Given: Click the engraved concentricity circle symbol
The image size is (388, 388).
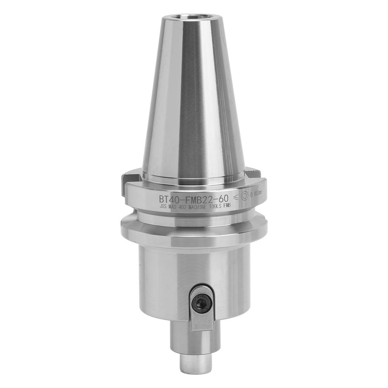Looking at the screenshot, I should [244, 196].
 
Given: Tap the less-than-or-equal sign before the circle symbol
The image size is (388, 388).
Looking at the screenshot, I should [235, 196].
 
